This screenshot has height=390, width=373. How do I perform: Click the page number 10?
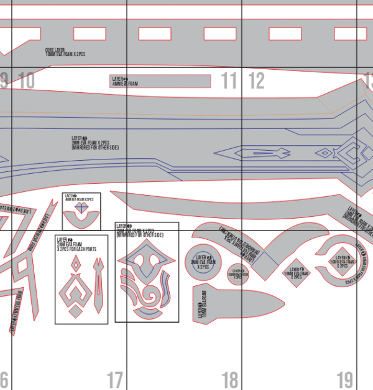(26, 80)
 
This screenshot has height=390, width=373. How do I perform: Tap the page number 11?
(229, 80)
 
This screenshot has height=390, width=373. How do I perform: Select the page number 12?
(257, 80)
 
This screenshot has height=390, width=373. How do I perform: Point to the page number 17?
(114, 379)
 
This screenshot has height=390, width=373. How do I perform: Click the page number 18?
(229, 379)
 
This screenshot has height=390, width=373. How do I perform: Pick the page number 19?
(344, 379)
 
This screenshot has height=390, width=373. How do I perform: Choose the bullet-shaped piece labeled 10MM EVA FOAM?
(233, 305)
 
